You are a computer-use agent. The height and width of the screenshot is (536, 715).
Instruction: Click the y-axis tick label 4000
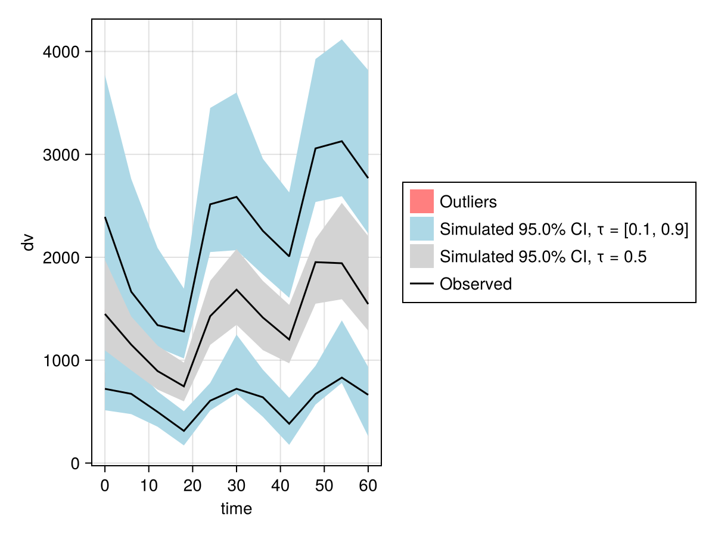click(x=62, y=52)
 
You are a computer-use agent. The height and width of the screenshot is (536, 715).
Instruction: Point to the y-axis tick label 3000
click(x=62, y=155)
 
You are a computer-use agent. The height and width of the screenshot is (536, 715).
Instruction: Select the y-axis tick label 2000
click(x=62, y=257)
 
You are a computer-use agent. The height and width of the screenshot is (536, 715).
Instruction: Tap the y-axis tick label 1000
click(x=62, y=360)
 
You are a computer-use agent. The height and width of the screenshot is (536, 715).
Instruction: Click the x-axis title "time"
click(x=237, y=509)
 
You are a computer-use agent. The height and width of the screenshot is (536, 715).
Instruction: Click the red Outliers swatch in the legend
click(x=422, y=201)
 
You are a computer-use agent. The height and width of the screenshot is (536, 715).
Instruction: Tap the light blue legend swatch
click(x=422, y=229)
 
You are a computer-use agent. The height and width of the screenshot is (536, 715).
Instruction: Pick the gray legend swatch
click(x=422, y=257)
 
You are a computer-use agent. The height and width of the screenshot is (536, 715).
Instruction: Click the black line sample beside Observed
click(x=422, y=284)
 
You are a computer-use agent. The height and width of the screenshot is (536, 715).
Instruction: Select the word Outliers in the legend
click(x=468, y=202)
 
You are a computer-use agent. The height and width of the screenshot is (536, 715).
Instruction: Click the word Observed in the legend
click(x=475, y=284)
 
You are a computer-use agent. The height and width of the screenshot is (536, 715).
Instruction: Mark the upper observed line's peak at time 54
click(x=341, y=141)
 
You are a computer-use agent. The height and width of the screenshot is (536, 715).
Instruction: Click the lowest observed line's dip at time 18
click(x=184, y=431)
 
